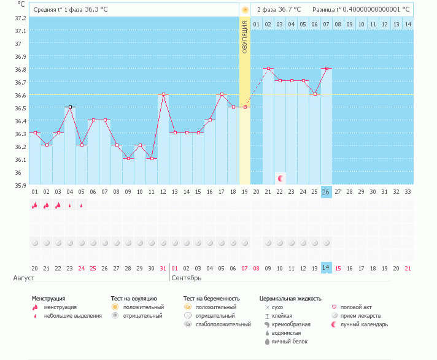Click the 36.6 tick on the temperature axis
click(x=20, y=95)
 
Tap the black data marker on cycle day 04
click(x=70, y=107)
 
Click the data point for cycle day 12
click(x=164, y=94)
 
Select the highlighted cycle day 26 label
click(x=326, y=192)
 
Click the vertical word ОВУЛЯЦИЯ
click(x=245, y=37)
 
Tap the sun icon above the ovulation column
click(x=245, y=10)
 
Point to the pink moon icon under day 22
click(x=280, y=178)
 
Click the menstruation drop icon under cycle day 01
click(x=34, y=205)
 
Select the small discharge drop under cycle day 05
click(x=82, y=205)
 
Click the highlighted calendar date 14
click(x=326, y=267)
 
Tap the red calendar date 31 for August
click(x=163, y=269)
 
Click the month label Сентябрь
click(x=187, y=278)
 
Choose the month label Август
click(x=24, y=278)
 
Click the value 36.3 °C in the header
click(x=96, y=9)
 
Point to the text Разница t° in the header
click(x=327, y=10)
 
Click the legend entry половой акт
click(x=356, y=307)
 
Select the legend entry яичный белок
click(x=290, y=342)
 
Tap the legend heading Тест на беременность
click(x=212, y=299)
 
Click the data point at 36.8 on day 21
click(x=268, y=68)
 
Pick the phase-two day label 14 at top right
click(x=408, y=25)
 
